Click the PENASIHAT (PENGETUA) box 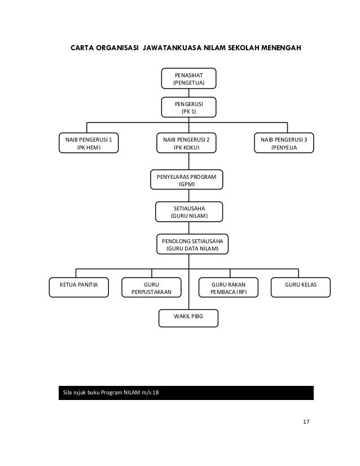(x=188, y=78)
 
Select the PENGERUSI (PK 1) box (x=188, y=107)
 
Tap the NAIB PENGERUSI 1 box (x=89, y=143)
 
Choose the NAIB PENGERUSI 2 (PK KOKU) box (x=186, y=143)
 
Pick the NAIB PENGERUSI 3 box (x=284, y=143)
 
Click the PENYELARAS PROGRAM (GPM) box (x=186, y=179)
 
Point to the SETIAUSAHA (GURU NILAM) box (x=189, y=212)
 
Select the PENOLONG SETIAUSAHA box (x=192, y=244)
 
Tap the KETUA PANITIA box (x=79, y=287)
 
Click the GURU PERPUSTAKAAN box (x=151, y=287)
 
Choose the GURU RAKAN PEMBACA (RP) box (x=229, y=287)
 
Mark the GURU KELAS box (x=301, y=287)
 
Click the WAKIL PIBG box (x=188, y=318)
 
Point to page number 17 (x=306, y=422)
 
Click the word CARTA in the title (x=82, y=48)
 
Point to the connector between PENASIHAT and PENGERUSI (x=189, y=93)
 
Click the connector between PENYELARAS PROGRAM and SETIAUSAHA (x=189, y=196)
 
